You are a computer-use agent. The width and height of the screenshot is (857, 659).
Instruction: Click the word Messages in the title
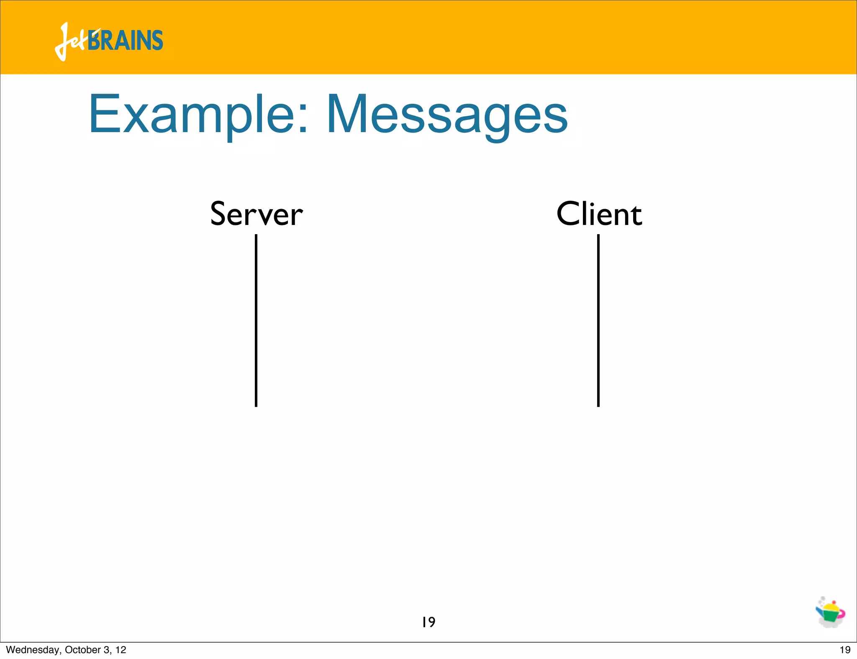446,115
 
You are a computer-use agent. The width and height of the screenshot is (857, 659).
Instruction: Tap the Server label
256,214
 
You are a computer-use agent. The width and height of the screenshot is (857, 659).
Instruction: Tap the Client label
599,214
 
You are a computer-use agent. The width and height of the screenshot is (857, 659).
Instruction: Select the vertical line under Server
256,320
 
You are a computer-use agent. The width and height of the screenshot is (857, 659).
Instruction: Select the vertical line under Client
598,320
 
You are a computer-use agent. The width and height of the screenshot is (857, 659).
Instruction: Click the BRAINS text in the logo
126,41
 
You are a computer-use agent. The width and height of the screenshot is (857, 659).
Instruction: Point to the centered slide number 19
428,622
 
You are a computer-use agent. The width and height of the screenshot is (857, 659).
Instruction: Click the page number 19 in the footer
845,650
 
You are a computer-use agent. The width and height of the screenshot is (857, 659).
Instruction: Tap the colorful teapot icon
830,613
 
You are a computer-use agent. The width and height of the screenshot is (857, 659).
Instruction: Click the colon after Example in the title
303,119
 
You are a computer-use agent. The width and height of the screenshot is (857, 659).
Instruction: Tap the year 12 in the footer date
121,650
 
